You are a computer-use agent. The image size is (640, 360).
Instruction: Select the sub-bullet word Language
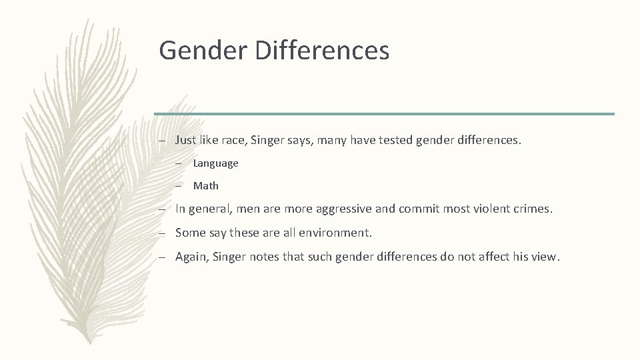click(x=215, y=163)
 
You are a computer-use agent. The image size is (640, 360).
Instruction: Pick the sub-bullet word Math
click(x=205, y=186)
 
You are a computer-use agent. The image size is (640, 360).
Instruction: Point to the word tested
click(x=397, y=141)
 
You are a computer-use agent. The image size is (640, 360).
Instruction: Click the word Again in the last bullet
click(x=191, y=257)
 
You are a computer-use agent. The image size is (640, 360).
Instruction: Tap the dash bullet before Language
click(x=181, y=163)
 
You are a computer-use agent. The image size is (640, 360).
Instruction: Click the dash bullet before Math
click(x=181, y=186)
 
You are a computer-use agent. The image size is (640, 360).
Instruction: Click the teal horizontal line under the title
click(x=384, y=114)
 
